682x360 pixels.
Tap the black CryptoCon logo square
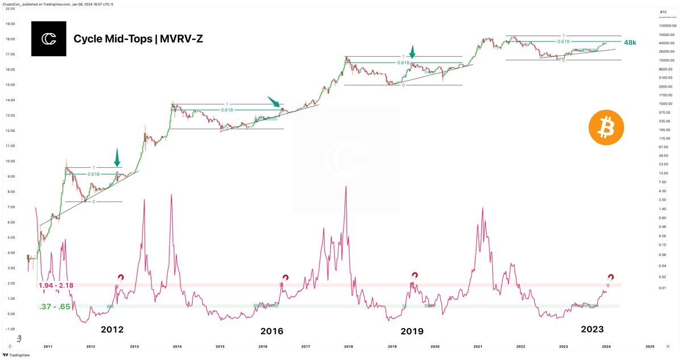click(x=48, y=39)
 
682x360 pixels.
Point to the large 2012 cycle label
click(x=112, y=329)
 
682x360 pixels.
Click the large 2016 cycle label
click(x=272, y=331)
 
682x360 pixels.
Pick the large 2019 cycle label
click(x=412, y=331)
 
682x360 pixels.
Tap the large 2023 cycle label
click(x=592, y=329)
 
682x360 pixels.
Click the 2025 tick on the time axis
click(x=650, y=346)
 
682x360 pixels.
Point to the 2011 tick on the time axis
click(x=48, y=346)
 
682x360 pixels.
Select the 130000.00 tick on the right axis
click(x=668, y=26)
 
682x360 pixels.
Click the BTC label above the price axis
click(x=663, y=12)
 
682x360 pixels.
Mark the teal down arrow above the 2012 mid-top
click(x=117, y=157)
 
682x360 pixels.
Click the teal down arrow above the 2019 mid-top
click(x=413, y=52)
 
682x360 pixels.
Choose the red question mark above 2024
click(x=611, y=277)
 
